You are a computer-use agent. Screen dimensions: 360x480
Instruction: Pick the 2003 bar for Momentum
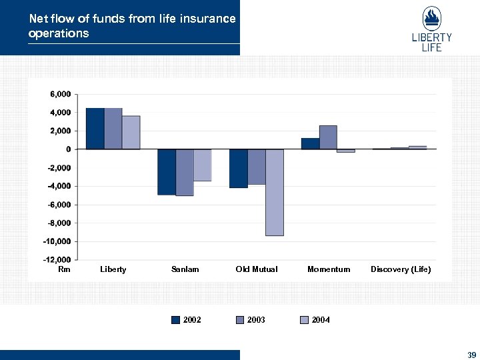328,137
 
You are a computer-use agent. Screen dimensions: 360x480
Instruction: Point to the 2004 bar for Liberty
131,133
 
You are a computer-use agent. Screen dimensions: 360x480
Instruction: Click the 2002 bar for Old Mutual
238,168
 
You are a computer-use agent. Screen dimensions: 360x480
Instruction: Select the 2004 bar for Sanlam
203,165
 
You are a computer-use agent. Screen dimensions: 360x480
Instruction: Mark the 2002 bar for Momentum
310,143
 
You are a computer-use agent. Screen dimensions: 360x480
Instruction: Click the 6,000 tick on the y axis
59,95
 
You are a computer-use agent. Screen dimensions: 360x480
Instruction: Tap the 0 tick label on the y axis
67,149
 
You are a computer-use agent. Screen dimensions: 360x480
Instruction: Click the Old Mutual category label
257,269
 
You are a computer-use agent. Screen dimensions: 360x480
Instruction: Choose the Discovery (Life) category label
401,269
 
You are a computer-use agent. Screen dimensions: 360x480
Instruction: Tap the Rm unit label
64,269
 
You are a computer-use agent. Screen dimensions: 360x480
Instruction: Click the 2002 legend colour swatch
176,320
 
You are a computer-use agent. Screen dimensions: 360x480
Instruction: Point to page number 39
471,354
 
